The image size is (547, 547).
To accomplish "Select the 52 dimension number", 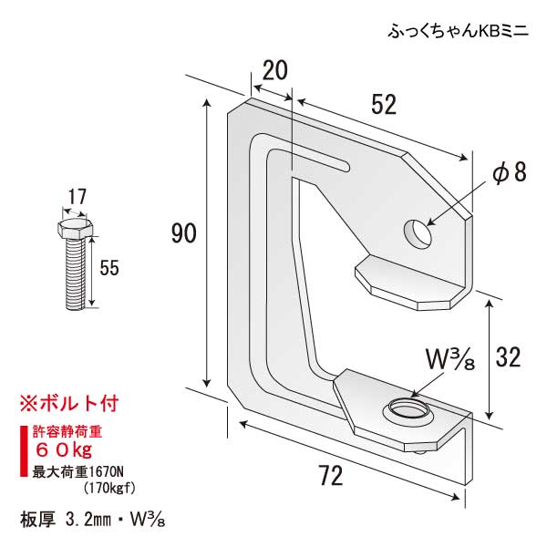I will [384, 105].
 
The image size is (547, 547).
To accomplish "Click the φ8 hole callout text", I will [511, 173].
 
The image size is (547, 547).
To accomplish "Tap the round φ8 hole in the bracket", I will [418, 233].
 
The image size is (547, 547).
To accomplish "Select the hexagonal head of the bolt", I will [74, 227].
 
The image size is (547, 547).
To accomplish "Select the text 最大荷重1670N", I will [80, 471].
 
